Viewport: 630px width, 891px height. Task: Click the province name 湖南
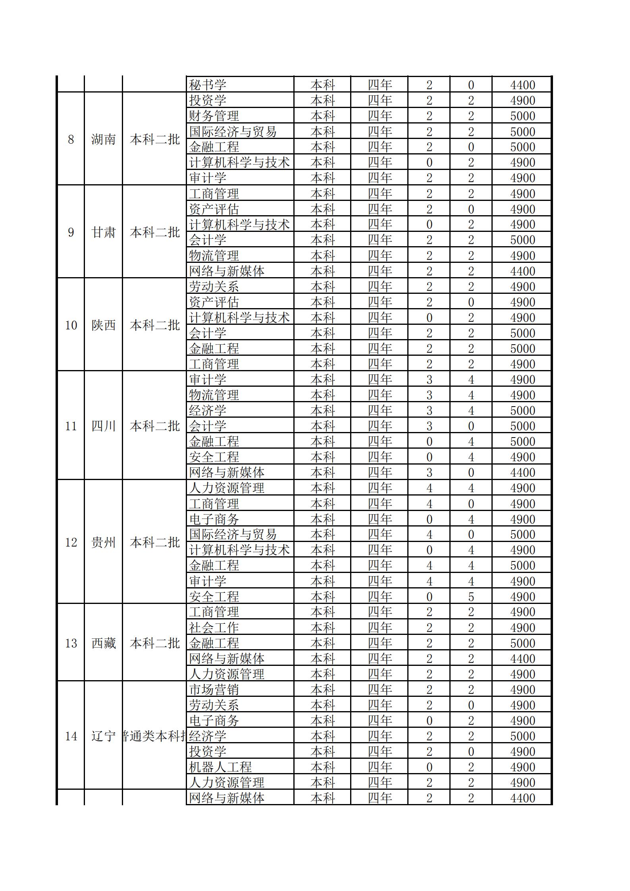click(103, 139)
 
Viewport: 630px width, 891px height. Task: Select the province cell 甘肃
click(103, 232)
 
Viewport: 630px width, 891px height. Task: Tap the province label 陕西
click(103, 325)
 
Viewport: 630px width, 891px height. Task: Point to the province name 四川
click(103, 426)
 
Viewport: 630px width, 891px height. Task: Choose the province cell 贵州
click(103, 542)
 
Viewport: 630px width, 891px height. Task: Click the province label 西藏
click(103, 643)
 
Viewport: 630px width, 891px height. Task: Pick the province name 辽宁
click(103, 736)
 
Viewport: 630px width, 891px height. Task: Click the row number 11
click(71, 426)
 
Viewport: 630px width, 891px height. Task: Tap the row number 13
click(71, 643)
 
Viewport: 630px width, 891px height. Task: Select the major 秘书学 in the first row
click(208, 85)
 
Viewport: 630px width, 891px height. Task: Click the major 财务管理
click(214, 116)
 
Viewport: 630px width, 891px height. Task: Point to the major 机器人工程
click(220, 767)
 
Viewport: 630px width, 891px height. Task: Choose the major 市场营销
click(214, 690)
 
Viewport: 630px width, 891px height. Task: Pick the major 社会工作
click(214, 628)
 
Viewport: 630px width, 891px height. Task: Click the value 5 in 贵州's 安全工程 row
click(471, 597)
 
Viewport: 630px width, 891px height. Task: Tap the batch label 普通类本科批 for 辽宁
click(154, 736)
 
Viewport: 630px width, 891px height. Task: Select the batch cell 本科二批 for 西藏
click(154, 643)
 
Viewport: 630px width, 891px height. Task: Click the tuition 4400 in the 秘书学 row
click(522, 85)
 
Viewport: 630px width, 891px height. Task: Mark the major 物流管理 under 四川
click(214, 395)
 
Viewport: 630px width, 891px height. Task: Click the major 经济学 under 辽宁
click(208, 736)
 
